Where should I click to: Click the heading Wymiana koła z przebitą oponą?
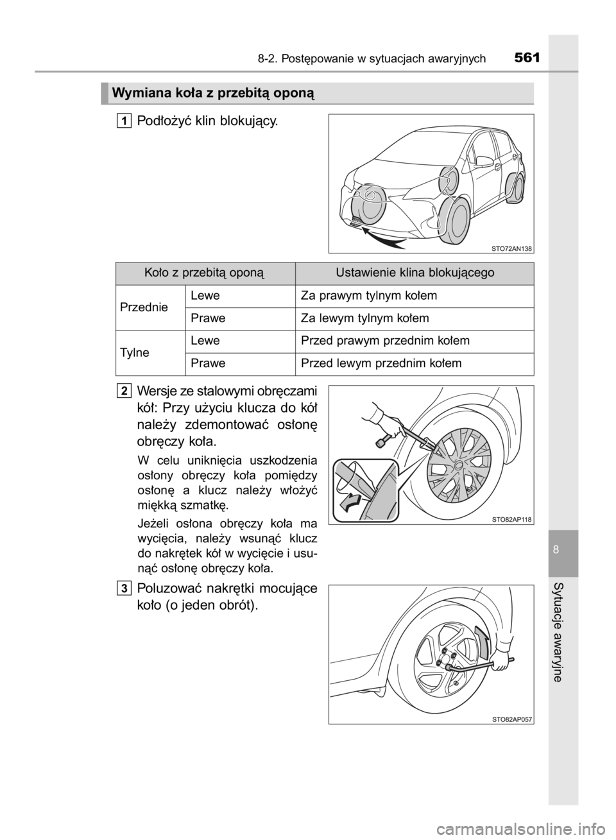click(x=212, y=94)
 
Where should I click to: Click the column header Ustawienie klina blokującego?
click(x=415, y=273)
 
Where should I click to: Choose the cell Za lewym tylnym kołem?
click(x=364, y=318)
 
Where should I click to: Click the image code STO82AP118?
click(x=512, y=519)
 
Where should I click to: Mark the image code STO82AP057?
click(x=512, y=719)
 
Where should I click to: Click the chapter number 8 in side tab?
click(x=563, y=552)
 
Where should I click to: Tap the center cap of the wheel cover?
click(x=459, y=463)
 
